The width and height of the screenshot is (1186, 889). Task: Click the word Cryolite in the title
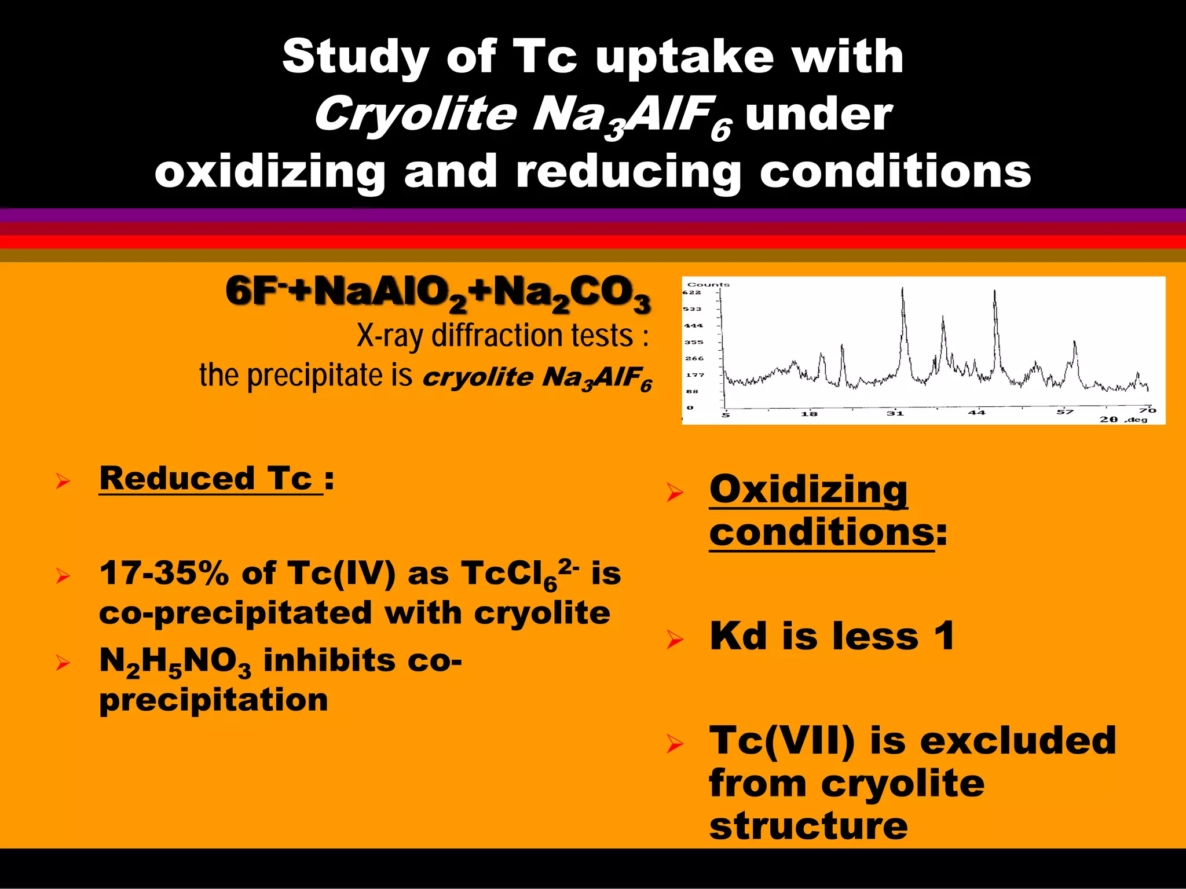point(415,114)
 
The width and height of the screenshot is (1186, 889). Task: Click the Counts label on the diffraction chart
point(708,285)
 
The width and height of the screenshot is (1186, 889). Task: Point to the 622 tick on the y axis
point(691,293)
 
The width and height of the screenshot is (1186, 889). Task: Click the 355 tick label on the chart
point(693,343)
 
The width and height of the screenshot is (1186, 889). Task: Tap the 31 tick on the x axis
point(895,413)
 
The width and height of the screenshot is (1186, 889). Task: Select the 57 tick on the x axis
point(1064,412)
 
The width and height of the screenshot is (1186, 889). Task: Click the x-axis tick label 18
point(809,414)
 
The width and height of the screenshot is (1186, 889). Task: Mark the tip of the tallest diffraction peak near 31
point(902,288)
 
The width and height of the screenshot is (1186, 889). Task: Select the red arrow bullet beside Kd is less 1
point(674,640)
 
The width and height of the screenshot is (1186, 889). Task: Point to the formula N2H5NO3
point(175,661)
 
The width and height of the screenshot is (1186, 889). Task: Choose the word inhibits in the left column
point(328,660)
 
